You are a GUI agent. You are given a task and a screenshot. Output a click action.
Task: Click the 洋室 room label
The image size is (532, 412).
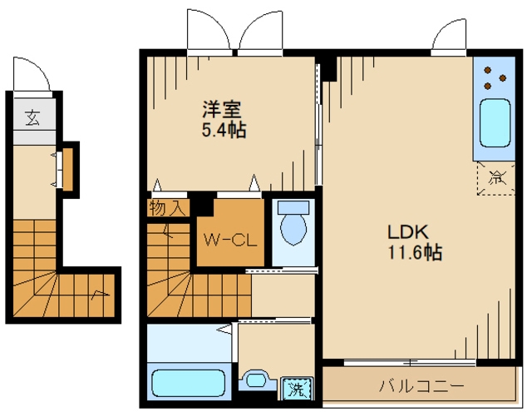[222, 109]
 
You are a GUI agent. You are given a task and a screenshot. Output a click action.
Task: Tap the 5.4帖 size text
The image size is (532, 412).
[224, 129]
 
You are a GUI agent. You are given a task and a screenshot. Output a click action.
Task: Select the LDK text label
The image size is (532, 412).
[408, 232]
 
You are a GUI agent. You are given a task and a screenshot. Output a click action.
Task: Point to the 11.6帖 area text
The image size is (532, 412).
[415, 252]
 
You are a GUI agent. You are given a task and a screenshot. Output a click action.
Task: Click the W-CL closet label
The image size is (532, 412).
[230, 241]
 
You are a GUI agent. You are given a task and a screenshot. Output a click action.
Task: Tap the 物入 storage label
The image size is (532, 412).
[168, 208]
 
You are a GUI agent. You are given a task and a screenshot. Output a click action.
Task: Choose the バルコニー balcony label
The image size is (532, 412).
[421, 386]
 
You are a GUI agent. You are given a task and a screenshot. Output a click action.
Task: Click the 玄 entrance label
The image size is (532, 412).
[33, 118]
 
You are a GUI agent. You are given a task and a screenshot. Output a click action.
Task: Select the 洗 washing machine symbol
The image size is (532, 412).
[296, 389]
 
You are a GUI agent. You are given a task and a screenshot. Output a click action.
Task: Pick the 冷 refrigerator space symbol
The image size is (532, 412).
[496, 178]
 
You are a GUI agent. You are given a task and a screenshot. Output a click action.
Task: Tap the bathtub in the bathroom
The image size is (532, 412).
[189, 383]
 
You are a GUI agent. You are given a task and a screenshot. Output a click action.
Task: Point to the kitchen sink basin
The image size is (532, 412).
[495, 123]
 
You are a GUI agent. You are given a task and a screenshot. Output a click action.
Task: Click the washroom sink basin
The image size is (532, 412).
[257, 380]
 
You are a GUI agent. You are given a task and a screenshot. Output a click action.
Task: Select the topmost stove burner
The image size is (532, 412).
[488, 70]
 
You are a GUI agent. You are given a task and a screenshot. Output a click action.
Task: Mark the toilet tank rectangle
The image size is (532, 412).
[293, 207]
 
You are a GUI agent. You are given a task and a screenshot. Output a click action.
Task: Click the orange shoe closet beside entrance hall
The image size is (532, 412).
[68, 170]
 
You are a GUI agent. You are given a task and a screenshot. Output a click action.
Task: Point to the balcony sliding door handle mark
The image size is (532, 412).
[410, 363]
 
